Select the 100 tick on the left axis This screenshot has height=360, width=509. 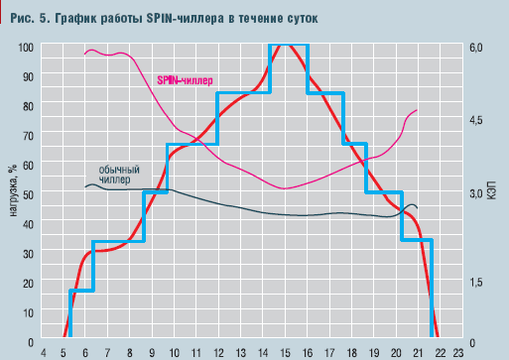[25, 47]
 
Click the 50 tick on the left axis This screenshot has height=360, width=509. [27, 193]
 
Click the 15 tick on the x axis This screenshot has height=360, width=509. [283, 351]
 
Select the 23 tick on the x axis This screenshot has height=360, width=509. [457, 351]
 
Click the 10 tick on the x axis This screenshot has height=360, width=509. [174, 351]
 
